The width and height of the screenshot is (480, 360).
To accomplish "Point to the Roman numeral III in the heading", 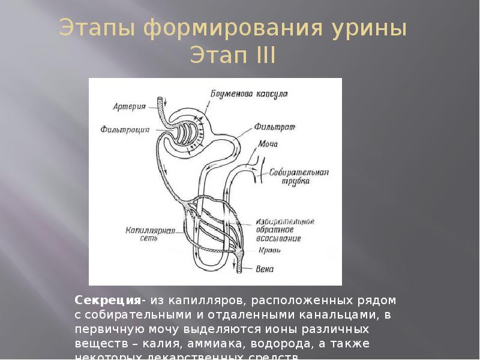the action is [x=263, y=56].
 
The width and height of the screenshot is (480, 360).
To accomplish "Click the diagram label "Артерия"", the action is [x=129, y=107].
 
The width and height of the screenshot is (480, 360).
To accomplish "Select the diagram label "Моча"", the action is [x=268, y=145].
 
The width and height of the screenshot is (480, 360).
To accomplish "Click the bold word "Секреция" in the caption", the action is [x=108, y=299].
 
